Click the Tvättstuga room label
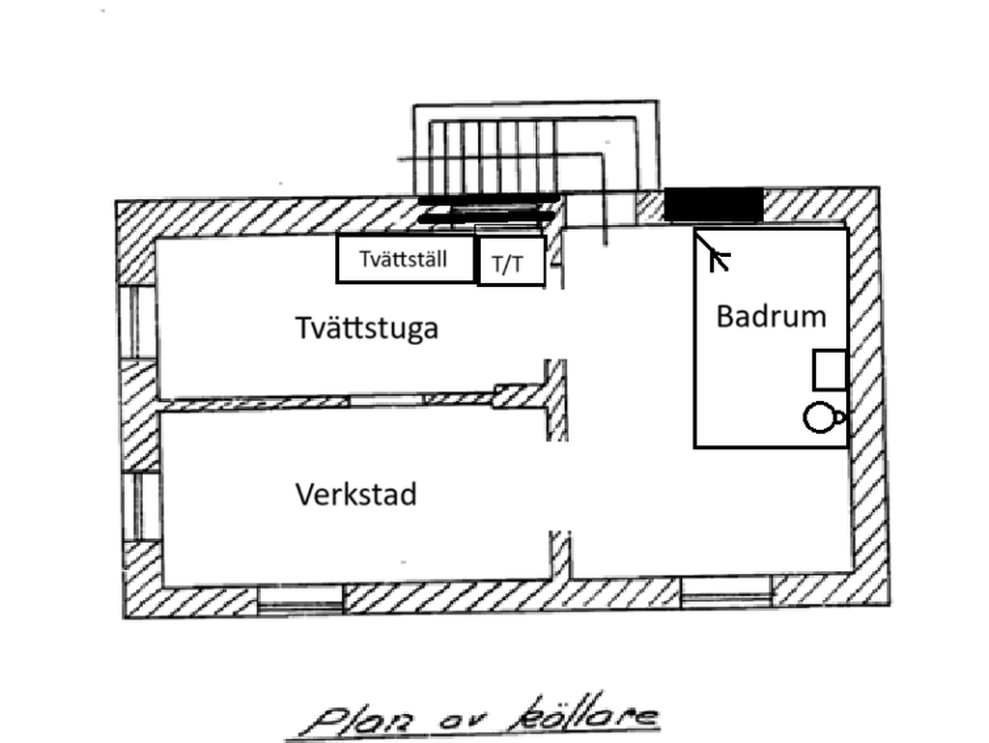point(366,329)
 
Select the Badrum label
point(771,316)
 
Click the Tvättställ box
point(406,259)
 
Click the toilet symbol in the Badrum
point(822,417)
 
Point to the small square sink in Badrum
point(829,370)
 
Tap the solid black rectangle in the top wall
point(714,205)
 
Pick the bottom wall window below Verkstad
point(300,600)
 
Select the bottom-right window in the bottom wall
point(726,592)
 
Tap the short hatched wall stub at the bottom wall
point(561,554)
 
